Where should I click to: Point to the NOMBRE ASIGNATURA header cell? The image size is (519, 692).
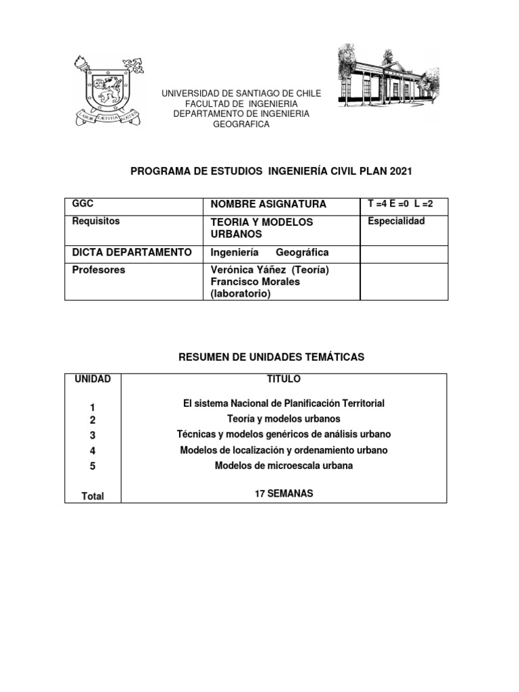pyautogui.click(x=259, y=204)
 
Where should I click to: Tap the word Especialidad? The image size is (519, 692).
pyautogui.click(x=396, y=221)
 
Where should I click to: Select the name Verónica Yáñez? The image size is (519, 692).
pyautogui.click(x=244, y=270)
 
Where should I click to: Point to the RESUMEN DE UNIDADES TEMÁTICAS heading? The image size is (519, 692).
pyautogui.click(x=271, y=357)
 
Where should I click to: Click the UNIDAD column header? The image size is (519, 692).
pyautogui.click(x=93, y=379)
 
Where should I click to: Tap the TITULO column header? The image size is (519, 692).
pyautogui.click(x=284, y=379)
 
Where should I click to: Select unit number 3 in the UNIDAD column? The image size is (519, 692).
pyautogui.click(x=93, y=435)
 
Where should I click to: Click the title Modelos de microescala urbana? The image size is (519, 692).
pyautogui.click(x=284, y=466)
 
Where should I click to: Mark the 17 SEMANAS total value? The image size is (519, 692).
pyautogui.click(x=284, y=494)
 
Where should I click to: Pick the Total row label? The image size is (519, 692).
pyautogui.click(x=93, y=496)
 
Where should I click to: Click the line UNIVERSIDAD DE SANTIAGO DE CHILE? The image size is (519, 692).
pyautogui.click(x=241, y=93)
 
